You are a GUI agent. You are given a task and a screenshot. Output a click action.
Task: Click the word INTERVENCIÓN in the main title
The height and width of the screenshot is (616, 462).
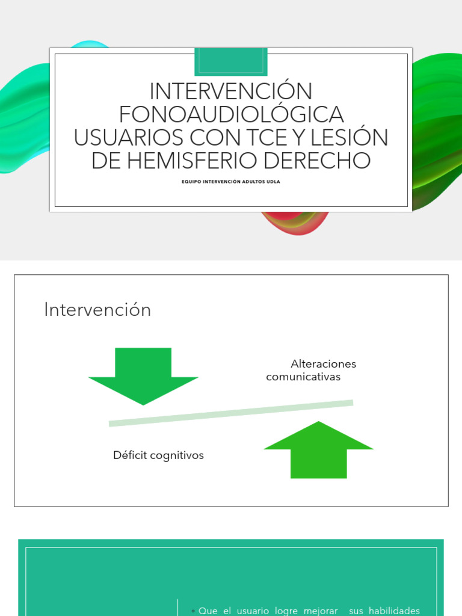click(231, 91)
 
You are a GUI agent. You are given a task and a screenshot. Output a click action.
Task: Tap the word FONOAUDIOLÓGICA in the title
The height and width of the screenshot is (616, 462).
click(231, 114)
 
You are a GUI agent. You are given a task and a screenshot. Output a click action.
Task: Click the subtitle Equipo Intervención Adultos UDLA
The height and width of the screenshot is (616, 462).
click(231, 179)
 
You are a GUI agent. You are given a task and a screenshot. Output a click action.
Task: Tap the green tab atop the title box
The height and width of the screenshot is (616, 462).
click(231, 61)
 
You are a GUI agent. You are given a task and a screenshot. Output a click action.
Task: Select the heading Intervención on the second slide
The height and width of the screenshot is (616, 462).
click(97, 310)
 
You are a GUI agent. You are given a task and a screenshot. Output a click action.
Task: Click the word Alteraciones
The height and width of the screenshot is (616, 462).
click(323, 364)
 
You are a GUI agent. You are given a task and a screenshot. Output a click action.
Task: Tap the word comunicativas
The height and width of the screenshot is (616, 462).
click(303, 377)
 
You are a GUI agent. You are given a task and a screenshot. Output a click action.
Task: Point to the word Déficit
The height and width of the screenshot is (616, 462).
click(130, 455)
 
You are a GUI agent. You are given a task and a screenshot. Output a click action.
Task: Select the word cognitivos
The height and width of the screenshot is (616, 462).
click(177, 455)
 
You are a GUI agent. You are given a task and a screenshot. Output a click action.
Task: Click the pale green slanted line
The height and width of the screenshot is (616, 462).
click(231, 413)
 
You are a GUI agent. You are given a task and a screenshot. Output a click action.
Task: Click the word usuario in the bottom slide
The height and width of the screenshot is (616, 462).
click(253, 611)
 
